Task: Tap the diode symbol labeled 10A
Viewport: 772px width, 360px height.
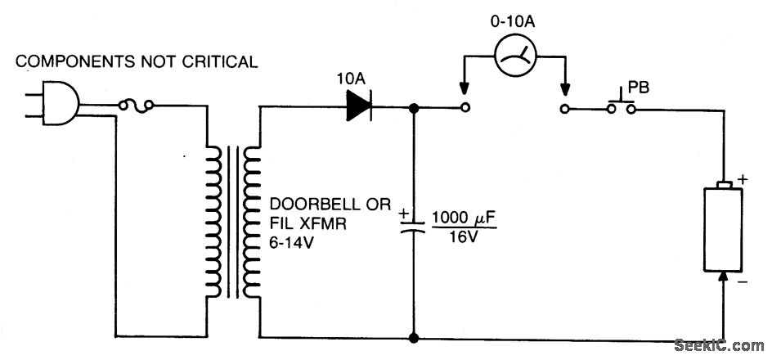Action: (x=360, y=106)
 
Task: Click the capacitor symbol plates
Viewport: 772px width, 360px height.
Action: (x=415, y=225)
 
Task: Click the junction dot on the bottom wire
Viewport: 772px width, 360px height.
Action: (x=415, y=337)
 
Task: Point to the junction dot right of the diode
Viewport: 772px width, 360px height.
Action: (x=415, y=106)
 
